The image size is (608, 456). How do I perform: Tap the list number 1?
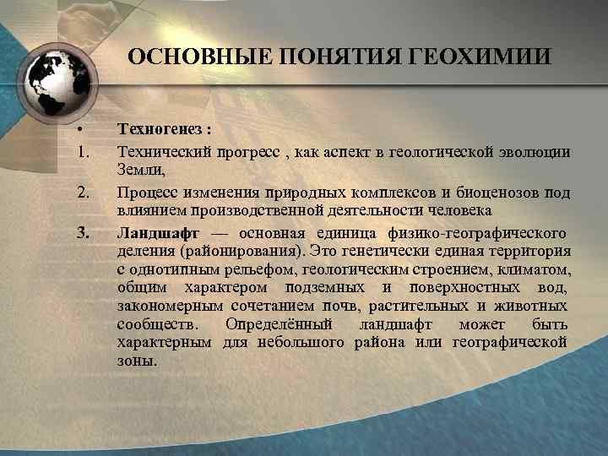(81, 151)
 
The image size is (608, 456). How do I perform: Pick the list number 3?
(82, 231)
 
